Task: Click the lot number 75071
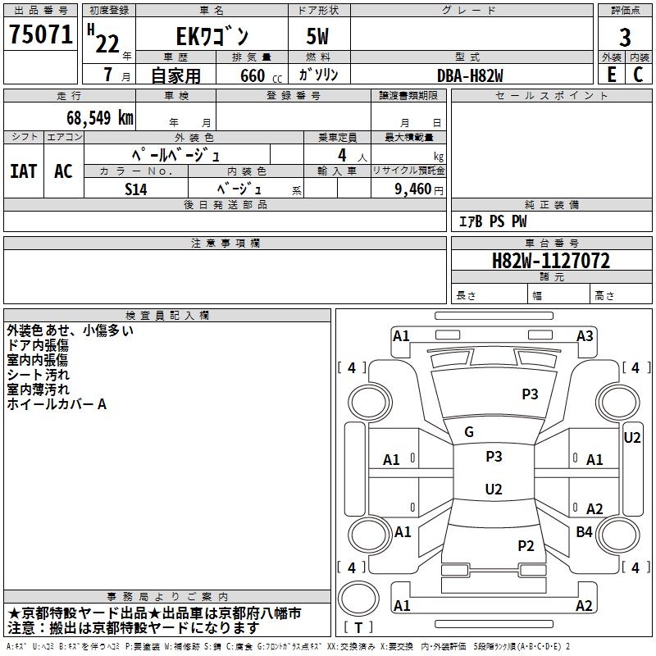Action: [41, 35]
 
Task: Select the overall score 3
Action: [625, 37]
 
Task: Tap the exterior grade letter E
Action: [611, 74]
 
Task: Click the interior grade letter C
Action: [638, 74]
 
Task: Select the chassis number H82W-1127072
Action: [551, 261]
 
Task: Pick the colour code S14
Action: [136, 188]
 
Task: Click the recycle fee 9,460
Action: [412, 189]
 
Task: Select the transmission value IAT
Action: [23, 171]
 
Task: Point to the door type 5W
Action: [319, 37]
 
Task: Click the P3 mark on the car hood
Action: [531, 394]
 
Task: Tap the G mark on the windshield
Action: [469, 431]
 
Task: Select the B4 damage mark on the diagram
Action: [584, 532]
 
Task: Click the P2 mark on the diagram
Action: [526, 545]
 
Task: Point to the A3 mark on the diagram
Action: [585, 335]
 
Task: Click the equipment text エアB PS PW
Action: [492, 221]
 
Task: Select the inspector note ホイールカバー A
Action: [57, 404]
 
